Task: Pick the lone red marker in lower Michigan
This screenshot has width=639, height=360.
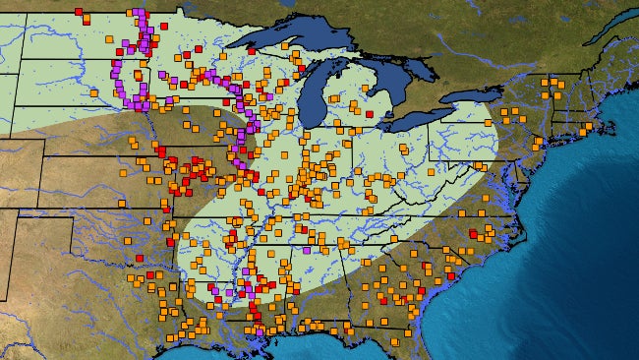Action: pos(369,114)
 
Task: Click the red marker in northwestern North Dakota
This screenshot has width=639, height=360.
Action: pos(79,12)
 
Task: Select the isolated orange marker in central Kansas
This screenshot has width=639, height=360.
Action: pos(122,203)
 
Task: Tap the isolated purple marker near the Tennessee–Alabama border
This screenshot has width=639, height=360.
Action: pos(306,250)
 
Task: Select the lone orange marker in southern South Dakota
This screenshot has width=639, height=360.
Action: pos(93,92)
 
